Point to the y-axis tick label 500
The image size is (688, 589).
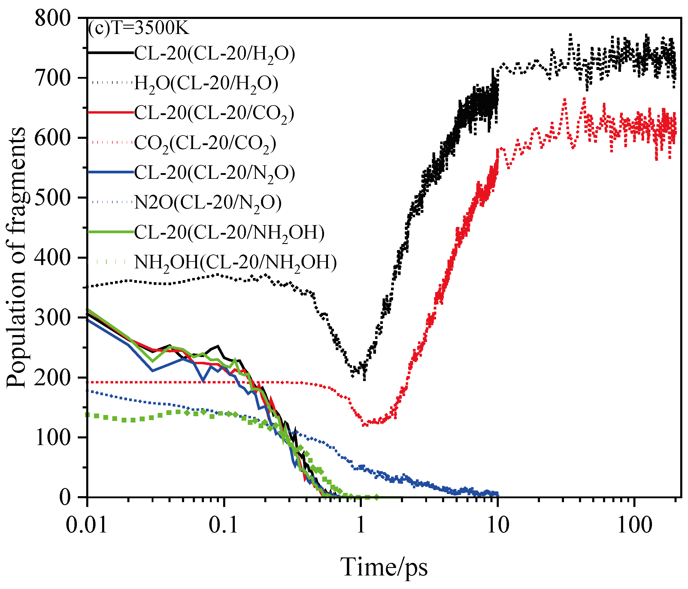coord(53,198)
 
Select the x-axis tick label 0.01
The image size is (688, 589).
coord(87,526)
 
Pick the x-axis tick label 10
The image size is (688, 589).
coord(498,526)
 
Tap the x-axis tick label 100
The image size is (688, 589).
coord(635,526)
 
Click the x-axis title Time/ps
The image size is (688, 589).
coord(384,567)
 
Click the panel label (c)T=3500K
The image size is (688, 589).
coord(138,28)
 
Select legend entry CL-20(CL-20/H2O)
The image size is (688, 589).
coord(214,53)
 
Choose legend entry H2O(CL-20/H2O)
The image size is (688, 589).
coord(206,83)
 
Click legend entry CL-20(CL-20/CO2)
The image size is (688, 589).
coord(214,113)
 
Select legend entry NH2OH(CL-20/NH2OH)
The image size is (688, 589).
coord(235,262)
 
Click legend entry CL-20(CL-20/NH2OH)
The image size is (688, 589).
coord(229,233)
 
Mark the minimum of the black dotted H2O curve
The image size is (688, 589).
coord(364,379)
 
